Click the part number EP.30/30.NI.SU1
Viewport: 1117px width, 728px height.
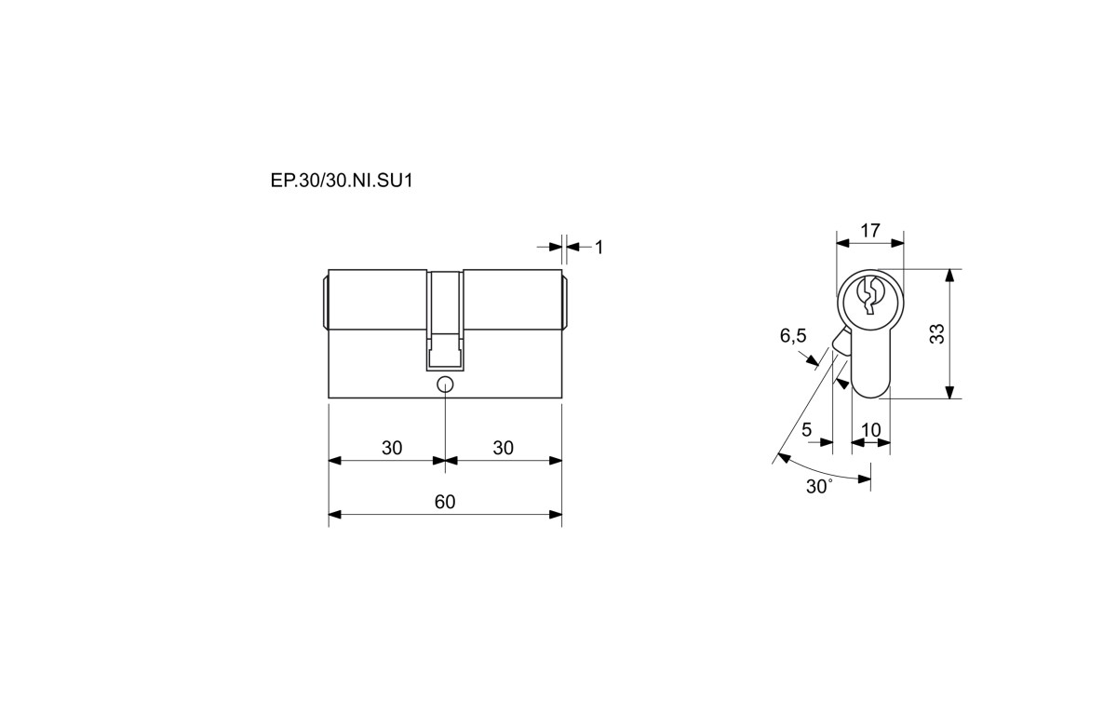coord(342,181)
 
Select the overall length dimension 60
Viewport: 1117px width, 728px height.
coord(445,502)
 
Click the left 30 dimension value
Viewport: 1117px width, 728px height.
coord(392,448)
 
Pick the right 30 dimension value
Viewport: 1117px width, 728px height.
coord(504,448)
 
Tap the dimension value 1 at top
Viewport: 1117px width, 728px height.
coord(599,247)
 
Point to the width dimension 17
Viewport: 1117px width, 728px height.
coord(870,230)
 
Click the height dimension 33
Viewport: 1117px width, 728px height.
coord(937,333)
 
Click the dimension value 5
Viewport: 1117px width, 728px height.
coord(806,429)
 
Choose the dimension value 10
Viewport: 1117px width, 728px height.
coord(871,429)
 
